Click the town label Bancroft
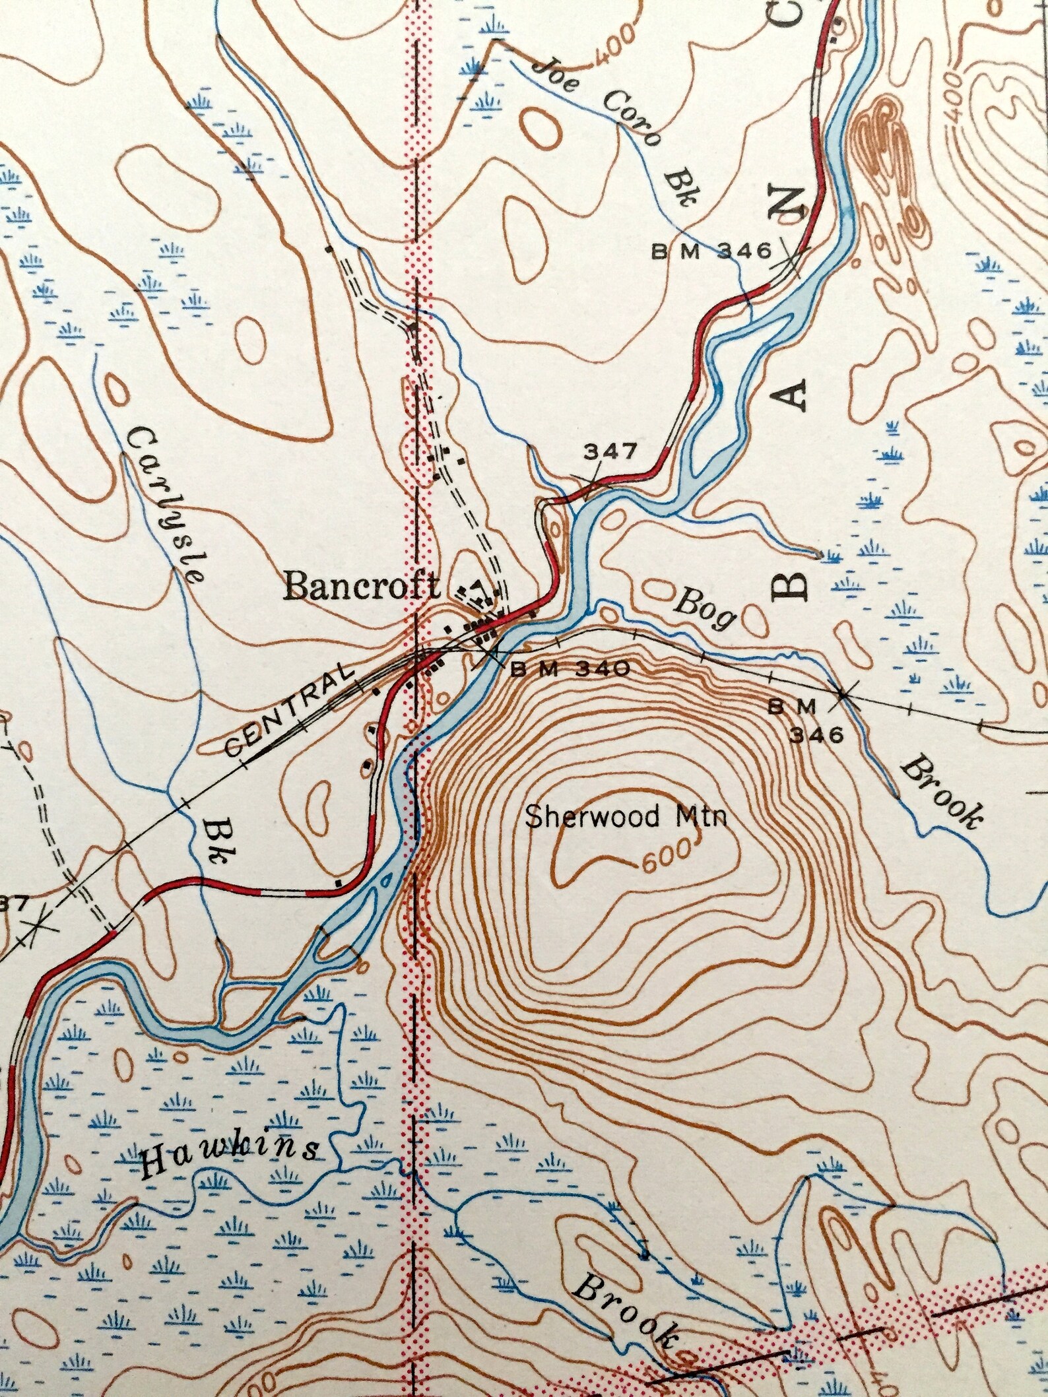pyautogui.click(x=361, y=587)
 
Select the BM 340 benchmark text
pyautogui.click(x=570, y=670)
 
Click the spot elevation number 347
pyautogui.click(x=610, y=452)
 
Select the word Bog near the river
pyautogui.click(x=705, y=612)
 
